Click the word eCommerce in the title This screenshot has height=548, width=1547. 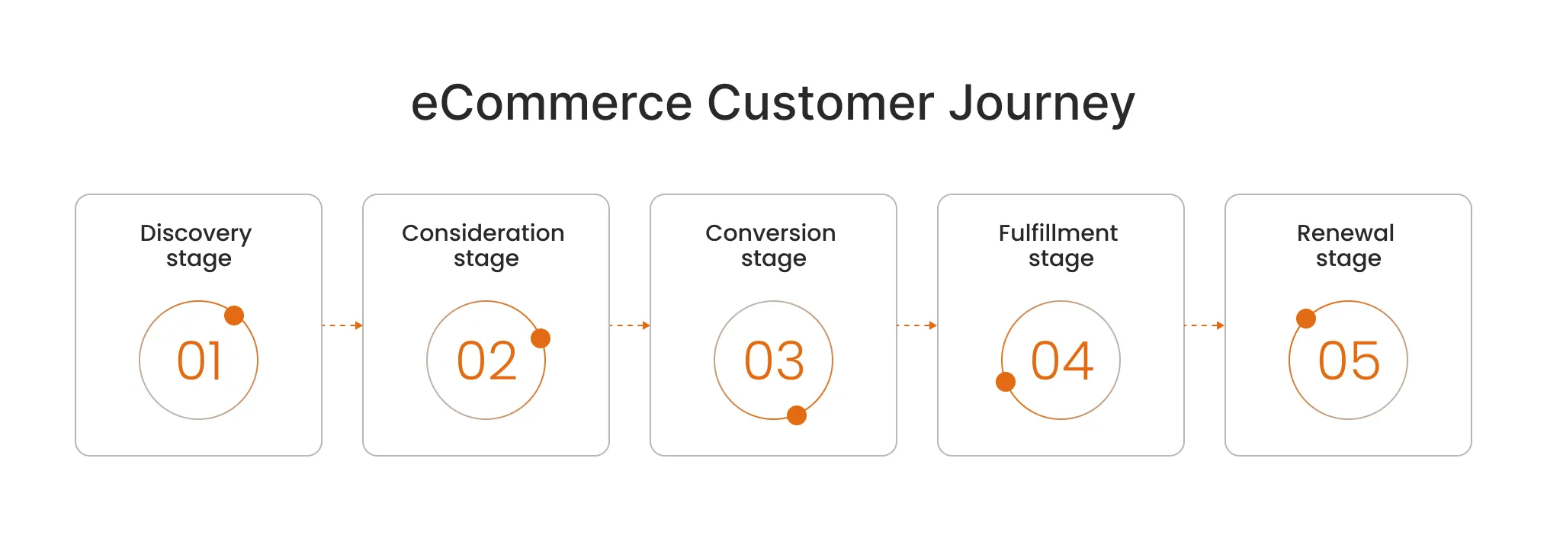(x=551, y=104)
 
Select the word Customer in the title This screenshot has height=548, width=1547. (x=820, y=104)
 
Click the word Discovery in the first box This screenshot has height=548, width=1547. (x=196, y=233)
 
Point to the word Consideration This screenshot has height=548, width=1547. (x=483, y=233)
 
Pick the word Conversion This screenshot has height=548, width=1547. (x=770, y=233)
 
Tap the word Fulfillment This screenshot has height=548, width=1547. (x=1058, y=233)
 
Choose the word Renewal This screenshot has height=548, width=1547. (x=1345, y=233)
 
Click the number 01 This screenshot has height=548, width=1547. (x=199, y=361)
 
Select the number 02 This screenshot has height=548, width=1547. (x=486, y=361)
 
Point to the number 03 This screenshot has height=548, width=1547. (x=774, y=361)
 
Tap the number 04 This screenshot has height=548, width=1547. (x=1061, y=361)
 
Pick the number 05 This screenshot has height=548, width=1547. (x=1349, y=361)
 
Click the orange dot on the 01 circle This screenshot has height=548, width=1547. (x=234, y=316)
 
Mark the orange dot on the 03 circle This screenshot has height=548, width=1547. (x=797, y=415)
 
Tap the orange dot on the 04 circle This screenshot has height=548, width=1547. (x=1006, y=382)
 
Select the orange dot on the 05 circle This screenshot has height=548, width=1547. (x=1306, y=319)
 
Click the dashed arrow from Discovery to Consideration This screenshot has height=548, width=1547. (x=342, y=325)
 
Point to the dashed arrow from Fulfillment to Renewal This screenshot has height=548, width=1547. (x=1204, y=325)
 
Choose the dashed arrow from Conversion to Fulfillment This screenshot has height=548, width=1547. (x=916, y=325)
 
